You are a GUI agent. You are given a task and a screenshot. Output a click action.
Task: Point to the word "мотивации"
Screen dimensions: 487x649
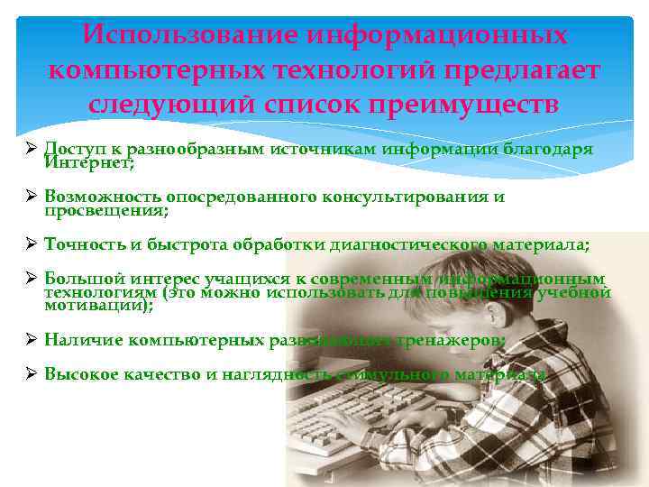(x=96, y=306)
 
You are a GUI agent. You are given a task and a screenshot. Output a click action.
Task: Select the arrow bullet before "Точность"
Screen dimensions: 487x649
(x=30, y=244)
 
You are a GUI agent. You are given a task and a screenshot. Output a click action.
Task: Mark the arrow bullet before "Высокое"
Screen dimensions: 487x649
(x=30, y=374)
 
